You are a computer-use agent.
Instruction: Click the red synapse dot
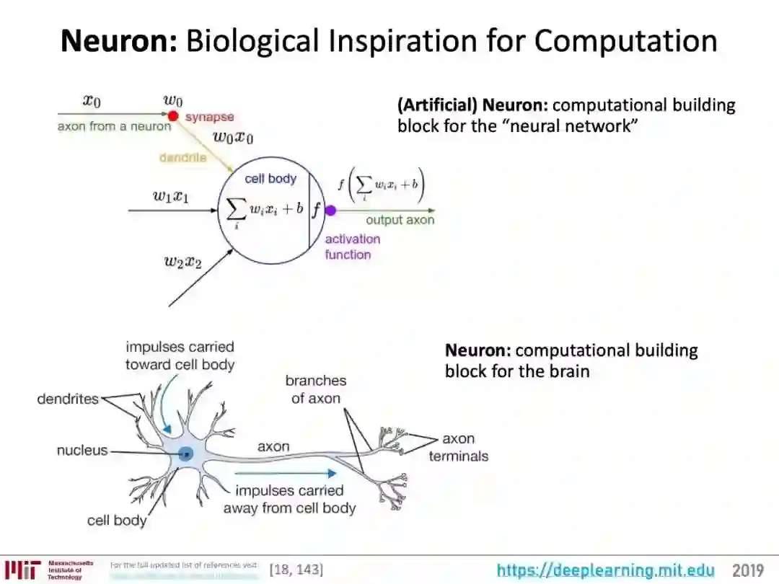pyautogui.click(x=173, y=116)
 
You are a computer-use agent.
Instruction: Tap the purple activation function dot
pyautogui.click(x=330, y=211)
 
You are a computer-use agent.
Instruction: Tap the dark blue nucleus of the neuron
pyautogui.click(x=186, y=454)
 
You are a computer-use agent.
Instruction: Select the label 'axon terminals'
pyautogui.click(x=458, y=447)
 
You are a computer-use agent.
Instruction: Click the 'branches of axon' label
pyautogui.click(x=315, y=389)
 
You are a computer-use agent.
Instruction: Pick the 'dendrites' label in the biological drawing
pyautogui.click(x=68, y=398)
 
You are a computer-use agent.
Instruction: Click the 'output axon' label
pyautogui.click(x=400, y=220)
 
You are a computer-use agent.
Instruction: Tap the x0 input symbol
pyautogui.click(x=92, y=100)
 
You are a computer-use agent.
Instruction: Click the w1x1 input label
pyautogui.click(x=171, y=196)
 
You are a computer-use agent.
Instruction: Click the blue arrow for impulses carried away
pyautogui.click(x=286, y=474)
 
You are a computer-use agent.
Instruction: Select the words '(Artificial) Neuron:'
pyautogui.click(x=472, y=105)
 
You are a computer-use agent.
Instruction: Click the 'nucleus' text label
pyautogui.click(x=82, y=451)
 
